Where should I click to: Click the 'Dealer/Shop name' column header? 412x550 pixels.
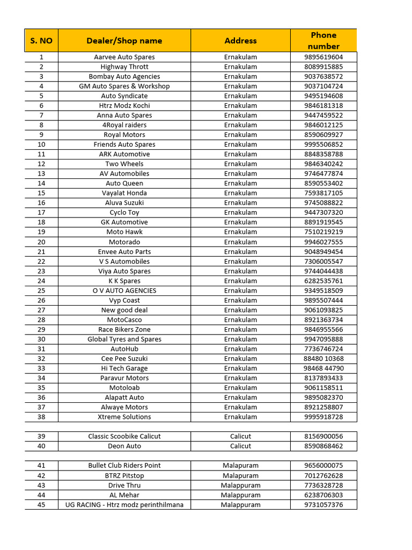[124, 41]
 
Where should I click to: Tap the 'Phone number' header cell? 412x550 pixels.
[323, 41]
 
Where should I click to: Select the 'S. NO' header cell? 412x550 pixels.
[41, 41]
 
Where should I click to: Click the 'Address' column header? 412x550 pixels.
[240, 41]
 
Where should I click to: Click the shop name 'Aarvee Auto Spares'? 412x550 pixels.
[124, 57]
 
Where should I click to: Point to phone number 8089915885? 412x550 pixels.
[323, 67]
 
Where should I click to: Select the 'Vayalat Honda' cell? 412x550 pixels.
[124, 193]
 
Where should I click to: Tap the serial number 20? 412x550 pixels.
[41, 242]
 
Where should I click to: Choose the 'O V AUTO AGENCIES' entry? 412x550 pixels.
[124, 291]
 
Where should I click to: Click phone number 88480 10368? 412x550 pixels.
[323, 358]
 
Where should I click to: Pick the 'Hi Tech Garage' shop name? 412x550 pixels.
[124, 368]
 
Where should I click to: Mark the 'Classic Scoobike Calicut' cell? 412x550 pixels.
[124, 436]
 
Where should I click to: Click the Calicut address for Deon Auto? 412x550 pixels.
[240, 446]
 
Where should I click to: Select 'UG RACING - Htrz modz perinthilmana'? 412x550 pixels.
[124, 505]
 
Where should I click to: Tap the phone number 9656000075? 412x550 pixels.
[323, 466]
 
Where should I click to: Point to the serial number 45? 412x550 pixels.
[41, 505]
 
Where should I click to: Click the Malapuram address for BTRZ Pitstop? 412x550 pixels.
[240, 475]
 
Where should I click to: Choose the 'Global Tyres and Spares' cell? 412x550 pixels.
[124, 339]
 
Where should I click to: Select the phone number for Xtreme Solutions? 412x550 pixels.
[323, 417]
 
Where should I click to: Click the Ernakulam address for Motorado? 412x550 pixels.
[240, 242]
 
